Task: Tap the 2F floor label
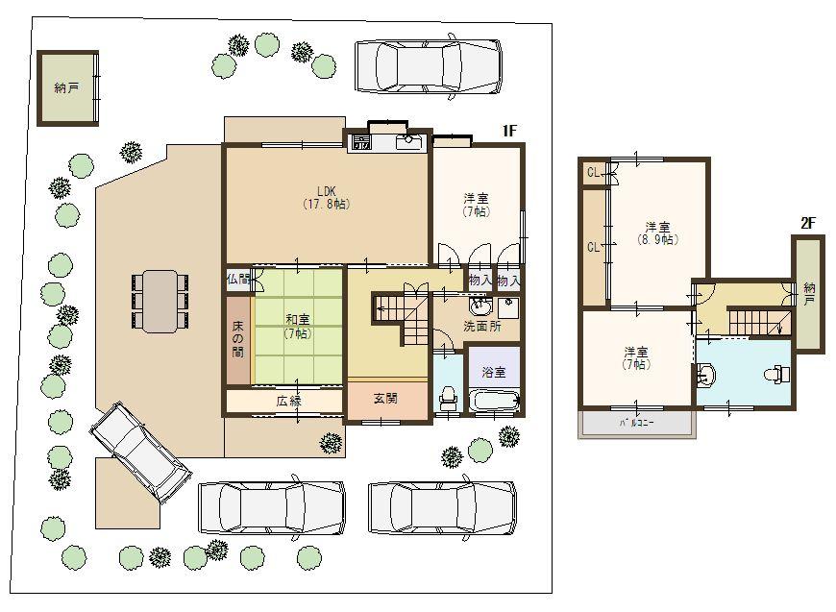tap(807, 223)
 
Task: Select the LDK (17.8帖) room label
tap(325, 198)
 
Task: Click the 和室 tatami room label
tap(296, 326)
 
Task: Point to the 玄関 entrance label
tap(385, 398)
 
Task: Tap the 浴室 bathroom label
tap(493, 372)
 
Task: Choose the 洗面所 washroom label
tap(480, 327)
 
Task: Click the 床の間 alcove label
tap(237, 338)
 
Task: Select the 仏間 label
tap(237, 279)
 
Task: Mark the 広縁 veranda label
tap(289, 401)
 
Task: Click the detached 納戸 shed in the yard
tap(67, 88)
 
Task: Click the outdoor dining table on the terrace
tap(160, 301)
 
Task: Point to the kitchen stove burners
tap(361, 144)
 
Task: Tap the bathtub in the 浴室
tap(493, 403)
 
